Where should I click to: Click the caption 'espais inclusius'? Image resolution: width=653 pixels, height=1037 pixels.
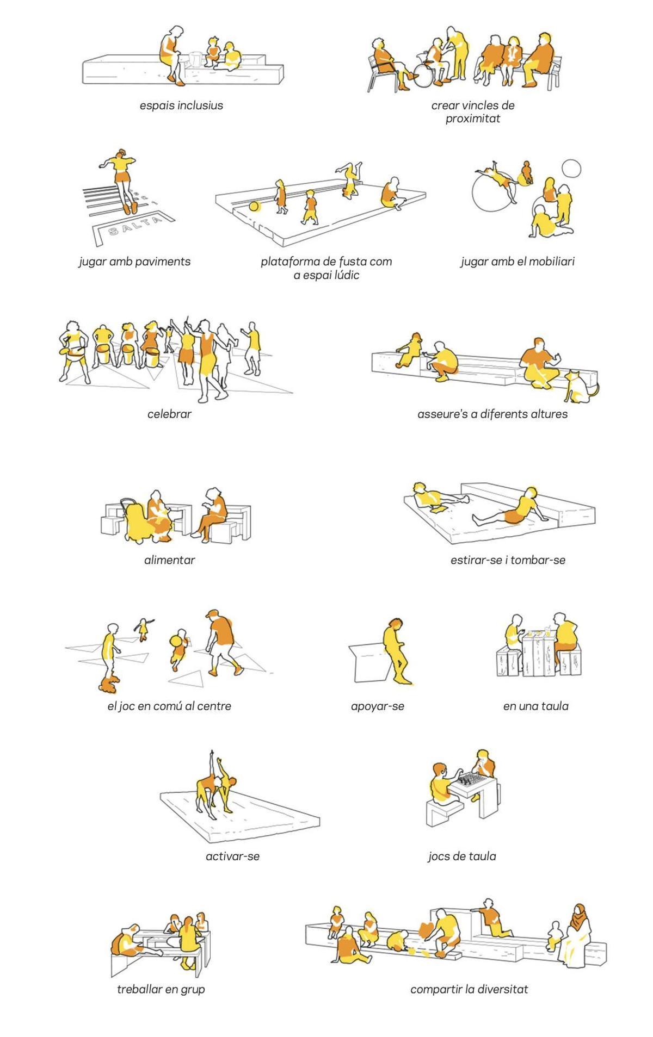coord(181,105)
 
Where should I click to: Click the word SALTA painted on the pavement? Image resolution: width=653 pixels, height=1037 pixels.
coord(135,224)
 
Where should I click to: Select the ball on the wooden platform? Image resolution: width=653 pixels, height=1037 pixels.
coord(254,207)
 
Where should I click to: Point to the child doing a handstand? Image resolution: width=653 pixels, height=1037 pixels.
coord(349,178)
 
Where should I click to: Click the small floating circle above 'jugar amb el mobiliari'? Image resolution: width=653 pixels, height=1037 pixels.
coord(571,169)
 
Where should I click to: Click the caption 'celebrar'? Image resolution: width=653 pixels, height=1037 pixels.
coord(169,414)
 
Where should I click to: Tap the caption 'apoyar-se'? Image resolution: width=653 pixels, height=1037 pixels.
coord(378,706)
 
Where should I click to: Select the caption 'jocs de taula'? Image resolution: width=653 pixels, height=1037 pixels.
coord(462,856)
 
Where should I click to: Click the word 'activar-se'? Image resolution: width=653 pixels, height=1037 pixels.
coord(232,856)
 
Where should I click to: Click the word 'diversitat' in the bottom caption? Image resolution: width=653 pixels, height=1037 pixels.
coord(503,989)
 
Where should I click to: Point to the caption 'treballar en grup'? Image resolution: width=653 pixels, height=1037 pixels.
coord(161,989)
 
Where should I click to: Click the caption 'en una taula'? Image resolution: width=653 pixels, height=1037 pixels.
coord(535,706)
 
